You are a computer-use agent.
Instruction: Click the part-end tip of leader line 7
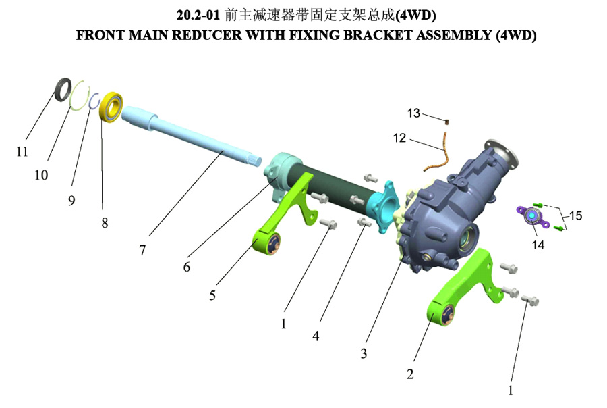click(x=223, y=150)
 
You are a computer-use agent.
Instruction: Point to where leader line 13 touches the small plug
click(x=444, y=121)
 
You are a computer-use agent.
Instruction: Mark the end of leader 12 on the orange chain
click(x=444, y=149)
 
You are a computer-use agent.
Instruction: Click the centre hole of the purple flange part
click(x=532, y=215)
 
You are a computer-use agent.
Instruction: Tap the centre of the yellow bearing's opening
click(x=112, y=107)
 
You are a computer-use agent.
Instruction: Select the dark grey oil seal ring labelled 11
click(x=63, y=89)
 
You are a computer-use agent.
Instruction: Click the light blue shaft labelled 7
click(x=191, y=136)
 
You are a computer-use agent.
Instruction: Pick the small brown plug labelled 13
click(x=446, y=122)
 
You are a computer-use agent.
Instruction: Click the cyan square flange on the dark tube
click(x=384, y=206)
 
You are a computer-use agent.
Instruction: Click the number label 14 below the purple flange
click(x=538, y=245)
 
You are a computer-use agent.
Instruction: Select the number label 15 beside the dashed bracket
click(x=576, y=215)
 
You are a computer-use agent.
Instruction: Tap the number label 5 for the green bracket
click(x=212, y=295)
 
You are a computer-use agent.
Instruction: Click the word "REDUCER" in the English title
click(x=207, y=35)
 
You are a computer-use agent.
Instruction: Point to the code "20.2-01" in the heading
click(x=198, y=15)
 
